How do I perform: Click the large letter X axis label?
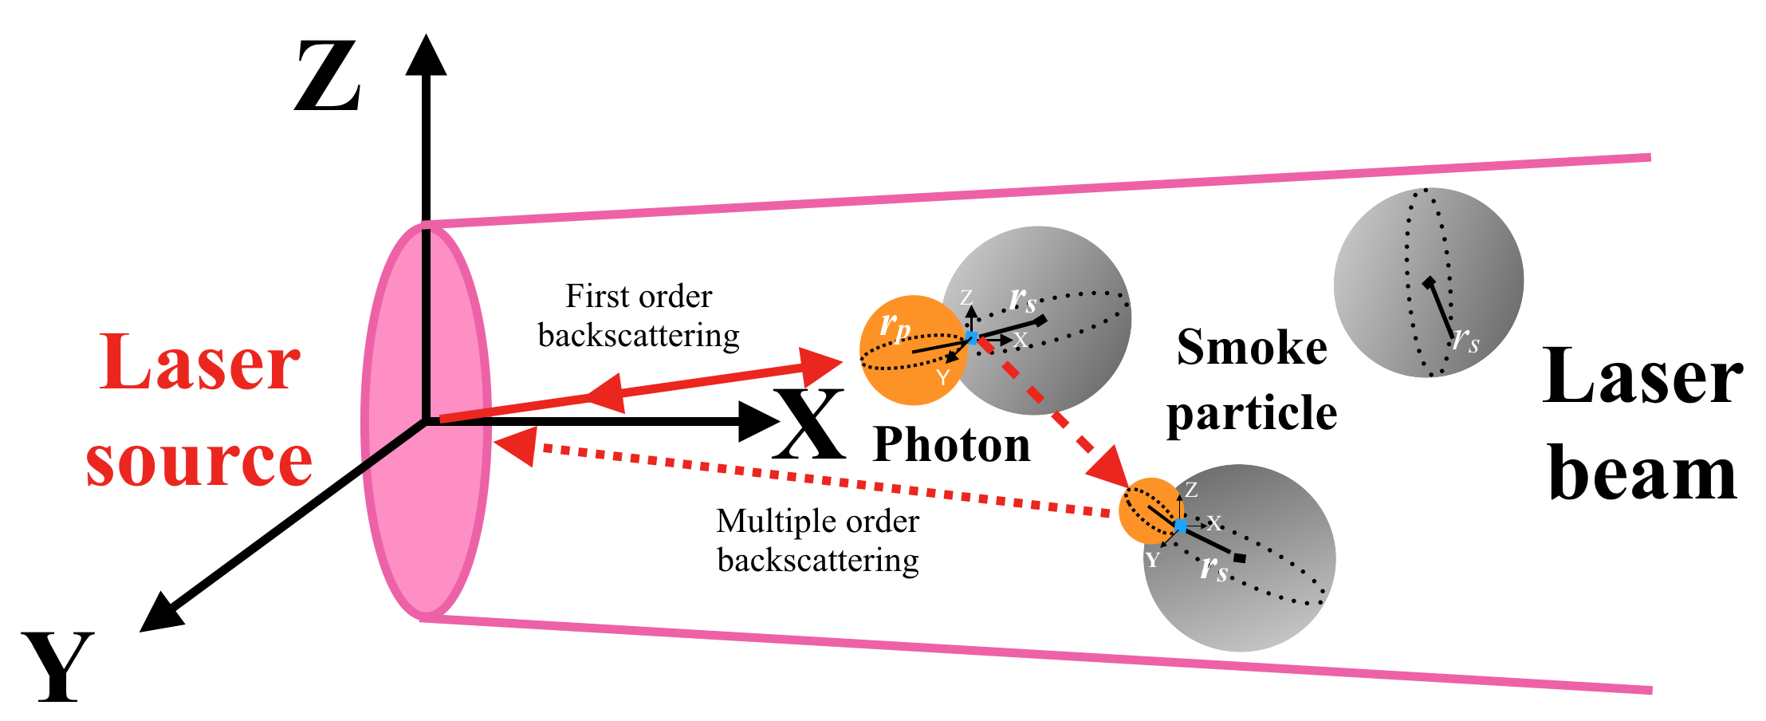(x=808, y=424)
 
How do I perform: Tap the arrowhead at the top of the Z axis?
(x=426, y=56)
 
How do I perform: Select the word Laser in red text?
(x=199, y=363)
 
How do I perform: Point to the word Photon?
(x=951, y=444)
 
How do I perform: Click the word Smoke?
(x=1252, y=348)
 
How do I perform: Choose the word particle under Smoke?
(x=1252, y=413)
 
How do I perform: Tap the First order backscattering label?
(x=639, y=316)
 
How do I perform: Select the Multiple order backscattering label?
(x=818, y=541)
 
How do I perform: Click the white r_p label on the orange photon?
(x=895, y=326)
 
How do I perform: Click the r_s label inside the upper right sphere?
(x=1465, y=341)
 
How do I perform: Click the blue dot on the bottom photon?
(x=1181, y=525)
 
